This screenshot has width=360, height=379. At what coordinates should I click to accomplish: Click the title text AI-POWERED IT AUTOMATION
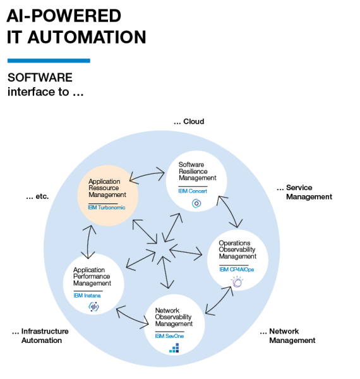(x=76, y=27)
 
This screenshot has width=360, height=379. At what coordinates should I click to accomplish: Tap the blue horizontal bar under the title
(x=49, y=61)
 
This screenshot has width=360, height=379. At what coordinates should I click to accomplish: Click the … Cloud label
(x=189, y=121)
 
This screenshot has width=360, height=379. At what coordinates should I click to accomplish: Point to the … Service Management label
(x=304, y=192)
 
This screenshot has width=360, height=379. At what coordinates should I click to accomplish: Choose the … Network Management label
(x=287, y=335)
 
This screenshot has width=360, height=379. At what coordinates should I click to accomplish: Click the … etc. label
(x=37, y=196)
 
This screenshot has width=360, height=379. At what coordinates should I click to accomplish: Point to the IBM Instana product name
(x=87, y=295)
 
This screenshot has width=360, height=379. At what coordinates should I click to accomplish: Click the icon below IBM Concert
(x=196, y=203)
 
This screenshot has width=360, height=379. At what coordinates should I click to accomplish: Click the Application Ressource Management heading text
(x=107, y=188)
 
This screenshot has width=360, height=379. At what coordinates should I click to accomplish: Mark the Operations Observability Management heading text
(x=237, y=250)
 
